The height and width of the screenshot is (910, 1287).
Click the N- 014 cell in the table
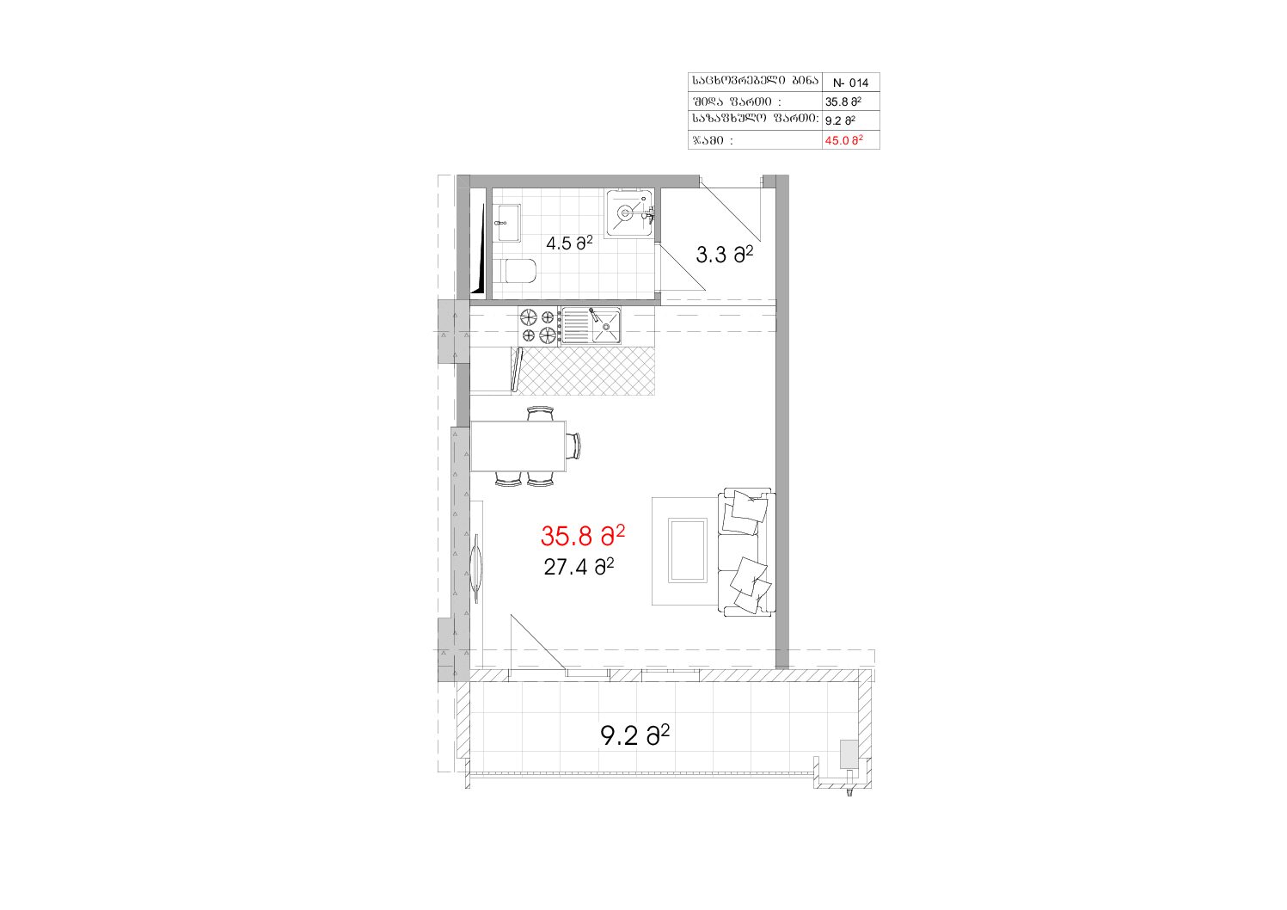(850, 83)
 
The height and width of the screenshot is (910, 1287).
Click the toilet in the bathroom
(518, 271)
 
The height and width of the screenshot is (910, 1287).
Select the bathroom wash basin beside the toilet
(507, 223)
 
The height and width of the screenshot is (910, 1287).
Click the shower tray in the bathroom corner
(629, 212)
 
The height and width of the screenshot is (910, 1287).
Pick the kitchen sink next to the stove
(591, 325)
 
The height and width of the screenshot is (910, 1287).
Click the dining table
(518, 446)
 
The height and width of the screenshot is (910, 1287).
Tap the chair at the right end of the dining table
(573, 446)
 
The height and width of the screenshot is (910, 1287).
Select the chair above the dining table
(541, 414)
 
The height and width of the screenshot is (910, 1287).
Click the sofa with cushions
(745, 552)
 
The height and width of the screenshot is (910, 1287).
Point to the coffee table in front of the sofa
(688, 550)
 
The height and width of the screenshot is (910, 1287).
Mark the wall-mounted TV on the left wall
(476, 568)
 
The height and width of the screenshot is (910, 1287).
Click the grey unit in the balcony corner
(849, 753)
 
